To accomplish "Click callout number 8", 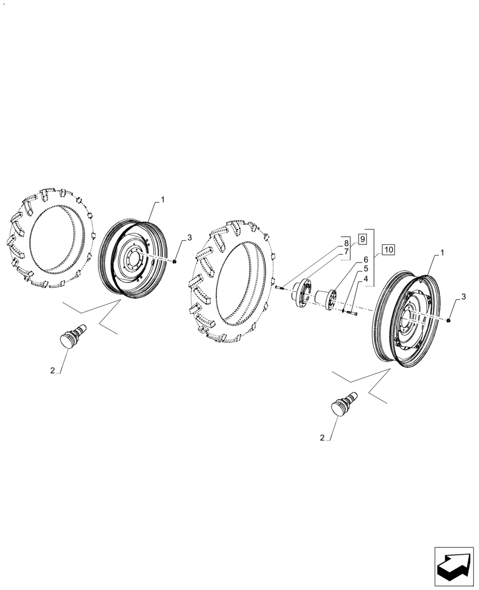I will [x=346, y=243].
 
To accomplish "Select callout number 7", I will [x=346, y=252].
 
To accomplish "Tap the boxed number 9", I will [x=362, y=239].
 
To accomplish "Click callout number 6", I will [x=365, y=260].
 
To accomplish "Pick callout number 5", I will [x=365, y=269].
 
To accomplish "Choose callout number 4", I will [x=365, y=278].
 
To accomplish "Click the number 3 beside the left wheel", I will [x=189, y=238].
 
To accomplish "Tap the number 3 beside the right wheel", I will [x=464, y=296].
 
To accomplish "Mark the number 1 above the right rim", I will [x=443, y=253].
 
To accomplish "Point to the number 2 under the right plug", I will [x=322, y=438].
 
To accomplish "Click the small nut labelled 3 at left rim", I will [x=176, y=261].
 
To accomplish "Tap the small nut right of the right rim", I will [x=450, y=320].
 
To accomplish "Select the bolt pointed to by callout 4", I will [x=353, y=314].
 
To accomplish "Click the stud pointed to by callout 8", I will [x=279, y=287].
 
